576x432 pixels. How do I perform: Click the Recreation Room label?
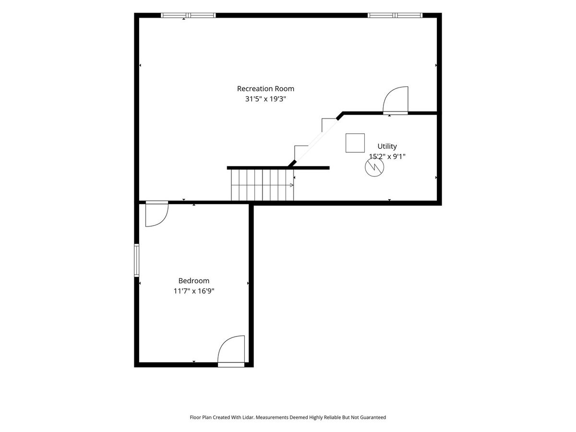(x=265, y=89)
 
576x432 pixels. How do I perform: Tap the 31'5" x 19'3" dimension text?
(x=265, y=99)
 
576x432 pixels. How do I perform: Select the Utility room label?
(x=387, y=146)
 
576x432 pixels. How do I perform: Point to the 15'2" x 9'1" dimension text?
(x=387, y=156)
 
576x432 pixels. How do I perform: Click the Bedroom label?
(x=193, y=281)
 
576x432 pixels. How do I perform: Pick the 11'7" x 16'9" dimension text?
(x=194, y=291)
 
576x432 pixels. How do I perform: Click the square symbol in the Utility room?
(x=355, y=143)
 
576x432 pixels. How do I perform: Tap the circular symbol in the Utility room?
(x=374, y=167)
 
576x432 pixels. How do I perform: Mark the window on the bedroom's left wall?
(x=136, y=260)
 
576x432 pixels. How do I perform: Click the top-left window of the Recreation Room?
(x=188, y=15)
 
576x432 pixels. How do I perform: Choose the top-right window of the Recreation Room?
(x=395, y=15)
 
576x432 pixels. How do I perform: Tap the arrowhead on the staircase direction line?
(x=291, y=185)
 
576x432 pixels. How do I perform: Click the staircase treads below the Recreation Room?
(x=263, y=185)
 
